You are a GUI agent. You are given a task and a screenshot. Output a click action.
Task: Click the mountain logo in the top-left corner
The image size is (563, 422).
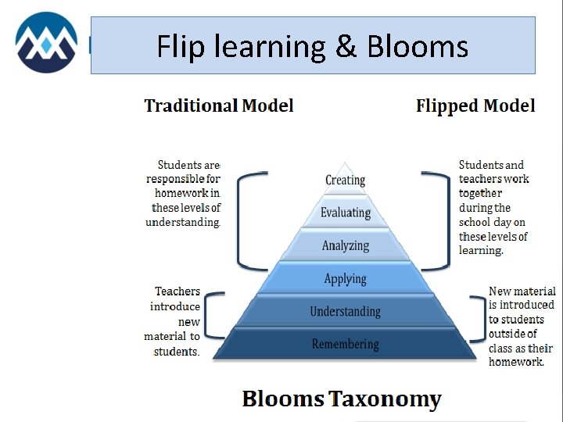[46, 42]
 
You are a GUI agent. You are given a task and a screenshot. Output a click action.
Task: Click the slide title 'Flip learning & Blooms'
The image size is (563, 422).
[312, 47]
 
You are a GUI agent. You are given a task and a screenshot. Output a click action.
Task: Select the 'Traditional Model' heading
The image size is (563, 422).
[219, 105]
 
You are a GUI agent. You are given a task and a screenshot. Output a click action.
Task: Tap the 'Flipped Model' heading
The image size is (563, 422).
[475, 105]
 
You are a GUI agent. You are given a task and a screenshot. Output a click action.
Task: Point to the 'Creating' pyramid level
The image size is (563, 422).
[345, 180]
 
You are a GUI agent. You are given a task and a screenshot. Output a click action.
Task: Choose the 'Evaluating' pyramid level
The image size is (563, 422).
[345, 213]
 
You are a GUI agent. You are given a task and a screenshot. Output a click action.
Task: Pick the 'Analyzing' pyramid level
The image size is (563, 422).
[345, 245]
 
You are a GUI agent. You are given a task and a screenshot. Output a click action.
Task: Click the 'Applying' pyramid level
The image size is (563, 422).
[345, 278]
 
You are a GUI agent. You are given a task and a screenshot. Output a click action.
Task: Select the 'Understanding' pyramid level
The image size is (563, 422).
[345, 311]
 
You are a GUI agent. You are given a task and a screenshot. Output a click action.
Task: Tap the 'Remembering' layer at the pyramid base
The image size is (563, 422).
[345, 344]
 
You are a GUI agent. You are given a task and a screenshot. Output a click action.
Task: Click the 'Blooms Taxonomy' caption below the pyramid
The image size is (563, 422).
[342, 399]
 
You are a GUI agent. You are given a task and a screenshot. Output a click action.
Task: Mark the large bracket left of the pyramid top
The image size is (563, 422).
[244, 221]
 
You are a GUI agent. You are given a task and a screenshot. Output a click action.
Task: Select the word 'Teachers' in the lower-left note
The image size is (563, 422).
[178, 291]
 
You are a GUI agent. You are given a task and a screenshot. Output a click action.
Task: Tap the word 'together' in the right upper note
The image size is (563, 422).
[481, 193]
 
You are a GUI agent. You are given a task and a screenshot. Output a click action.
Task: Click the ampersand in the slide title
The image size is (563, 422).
[345, 47]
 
